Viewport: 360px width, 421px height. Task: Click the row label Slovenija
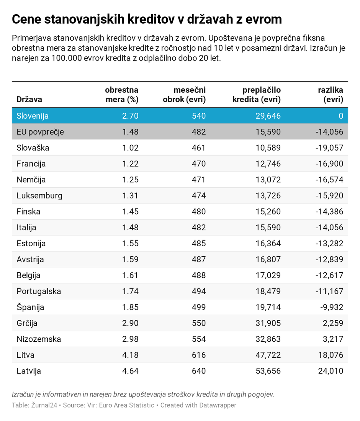pos(33,116)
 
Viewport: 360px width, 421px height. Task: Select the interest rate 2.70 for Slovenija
pos(130,116)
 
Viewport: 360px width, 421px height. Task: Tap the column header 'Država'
pos(29,100)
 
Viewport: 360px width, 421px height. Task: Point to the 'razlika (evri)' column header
pos(331,95)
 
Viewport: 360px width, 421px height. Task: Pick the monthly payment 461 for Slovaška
pos(199,148)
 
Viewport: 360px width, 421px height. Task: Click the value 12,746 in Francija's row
pos(268,164)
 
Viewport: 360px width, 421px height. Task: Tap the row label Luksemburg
pos(39,196)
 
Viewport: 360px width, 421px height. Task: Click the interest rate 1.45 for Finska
pos(130,212)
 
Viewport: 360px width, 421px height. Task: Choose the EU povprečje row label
pos(40,132)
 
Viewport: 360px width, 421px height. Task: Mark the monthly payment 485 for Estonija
pos(199,244)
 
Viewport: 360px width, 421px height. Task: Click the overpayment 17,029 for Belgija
pos(268,275)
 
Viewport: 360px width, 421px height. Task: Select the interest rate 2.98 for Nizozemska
pos(130,339)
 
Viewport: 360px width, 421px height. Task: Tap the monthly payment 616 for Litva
pos(199,355)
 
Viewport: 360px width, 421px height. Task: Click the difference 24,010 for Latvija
pos(331,371)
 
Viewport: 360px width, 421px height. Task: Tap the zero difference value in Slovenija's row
pos(341,116)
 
